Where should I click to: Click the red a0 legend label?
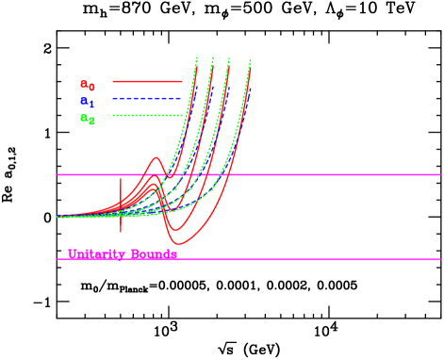coord(88,85)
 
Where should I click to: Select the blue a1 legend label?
coord(88,102)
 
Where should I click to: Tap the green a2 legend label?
coord(88,119)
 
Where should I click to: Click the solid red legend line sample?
coord(147,81)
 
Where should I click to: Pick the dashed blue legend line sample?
coord(147,98)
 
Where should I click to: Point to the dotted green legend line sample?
coord(147,115)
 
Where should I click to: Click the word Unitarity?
coord(96,254)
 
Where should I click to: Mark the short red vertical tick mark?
coord(121,205)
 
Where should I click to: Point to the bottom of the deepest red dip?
coord(173,244)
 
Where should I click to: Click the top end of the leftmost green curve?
coord(196,58)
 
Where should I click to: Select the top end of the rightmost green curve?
coord(251,61)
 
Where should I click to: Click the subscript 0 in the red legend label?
coord(91,88)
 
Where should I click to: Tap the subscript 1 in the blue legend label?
coord(91,105)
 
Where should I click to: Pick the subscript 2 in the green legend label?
coord(91,122)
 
